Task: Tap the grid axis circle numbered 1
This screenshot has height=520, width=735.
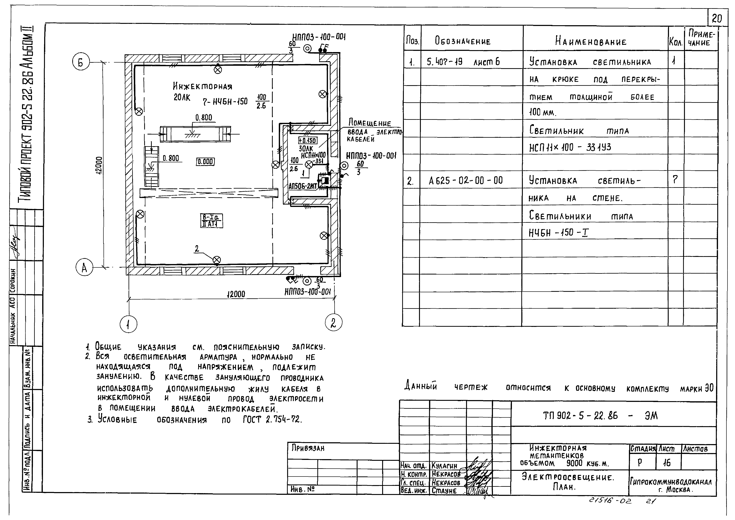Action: coord(128,325)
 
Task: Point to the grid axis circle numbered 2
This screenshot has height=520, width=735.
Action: coord(333,322)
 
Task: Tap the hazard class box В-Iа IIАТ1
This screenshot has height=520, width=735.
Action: coord(212,221)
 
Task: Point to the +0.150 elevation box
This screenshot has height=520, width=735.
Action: coord(307,141)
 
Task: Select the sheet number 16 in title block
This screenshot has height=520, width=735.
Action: coord(667,463)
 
